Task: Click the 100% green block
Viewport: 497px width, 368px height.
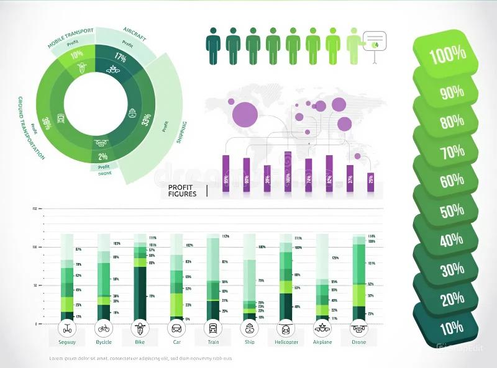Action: pyautogui.click(x=446, y=55)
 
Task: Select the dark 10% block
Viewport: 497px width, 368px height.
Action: pyautogui.click(x=452, y=328)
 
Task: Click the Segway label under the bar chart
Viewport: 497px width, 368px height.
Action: pyautogui.click(x=67, y=342)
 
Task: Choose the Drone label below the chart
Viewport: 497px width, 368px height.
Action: pyautogui.click(x=358, y=342)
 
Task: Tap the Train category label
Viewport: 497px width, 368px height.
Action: pyautogui.click(x=212, y=342)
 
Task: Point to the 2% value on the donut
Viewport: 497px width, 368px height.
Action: pyautogui.click(x=103, y=156)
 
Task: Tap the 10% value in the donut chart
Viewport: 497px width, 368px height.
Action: pyautogui.click(x=77, y=55)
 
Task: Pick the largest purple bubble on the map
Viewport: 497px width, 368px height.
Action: pyautogui.click(x=244, y=114)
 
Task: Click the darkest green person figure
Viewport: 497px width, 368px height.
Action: pyautogui.click(x=213, y=45)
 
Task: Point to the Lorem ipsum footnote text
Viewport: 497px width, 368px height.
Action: pyautogui.click(x=140, y=359)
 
